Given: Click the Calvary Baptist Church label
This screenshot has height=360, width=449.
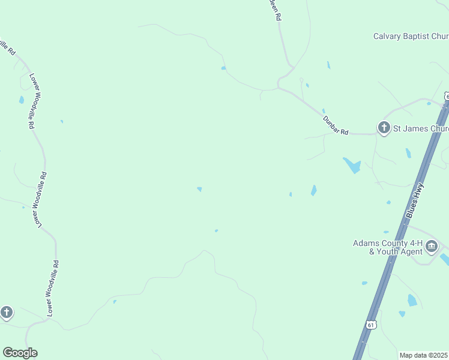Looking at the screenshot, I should coord(411,36).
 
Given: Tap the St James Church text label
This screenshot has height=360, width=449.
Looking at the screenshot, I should coord(421,128).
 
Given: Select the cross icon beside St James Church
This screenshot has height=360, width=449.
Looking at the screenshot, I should coord(384,127).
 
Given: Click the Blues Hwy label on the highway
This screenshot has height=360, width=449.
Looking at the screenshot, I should coord(415,200).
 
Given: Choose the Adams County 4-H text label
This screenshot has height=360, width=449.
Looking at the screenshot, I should coord(388,243).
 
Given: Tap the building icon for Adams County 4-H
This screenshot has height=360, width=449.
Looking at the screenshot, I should coord(432,246).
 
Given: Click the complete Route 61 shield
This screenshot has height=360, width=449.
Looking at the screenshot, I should coord(371,325).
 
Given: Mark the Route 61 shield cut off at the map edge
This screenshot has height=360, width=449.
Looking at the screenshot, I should coord(447,97).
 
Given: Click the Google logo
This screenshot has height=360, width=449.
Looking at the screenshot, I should coord(20,353).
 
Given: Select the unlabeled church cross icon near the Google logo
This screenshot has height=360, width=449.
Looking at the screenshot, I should coord(7,312).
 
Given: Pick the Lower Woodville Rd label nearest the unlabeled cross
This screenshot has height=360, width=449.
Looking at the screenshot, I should coord(52,288).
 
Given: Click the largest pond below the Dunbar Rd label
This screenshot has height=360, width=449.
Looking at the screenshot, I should coord(352,165).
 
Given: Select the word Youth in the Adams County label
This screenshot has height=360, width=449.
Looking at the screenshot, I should coord(388,251).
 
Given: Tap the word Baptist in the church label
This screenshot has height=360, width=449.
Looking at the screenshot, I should coord(420,36).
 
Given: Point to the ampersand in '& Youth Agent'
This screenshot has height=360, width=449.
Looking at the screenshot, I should coord(372,251).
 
